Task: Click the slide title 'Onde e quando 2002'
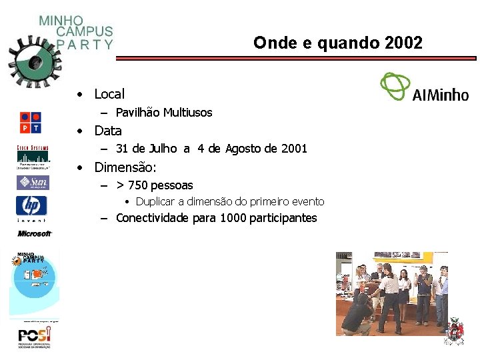337,43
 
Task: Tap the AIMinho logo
424,87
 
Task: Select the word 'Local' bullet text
109,95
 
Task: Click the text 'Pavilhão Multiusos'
164,113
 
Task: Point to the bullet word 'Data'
108,131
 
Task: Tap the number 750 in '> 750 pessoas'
139,185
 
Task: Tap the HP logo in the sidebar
32,206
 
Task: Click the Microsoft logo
34,233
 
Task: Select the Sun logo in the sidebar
32,183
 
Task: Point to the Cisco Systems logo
33,157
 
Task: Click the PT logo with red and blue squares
31,122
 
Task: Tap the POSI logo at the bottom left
34,337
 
